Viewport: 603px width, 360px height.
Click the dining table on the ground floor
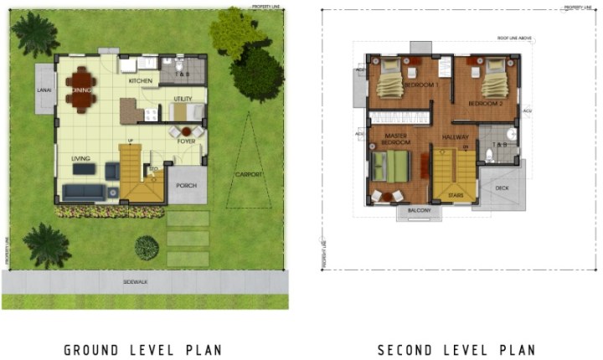tap(81, 89)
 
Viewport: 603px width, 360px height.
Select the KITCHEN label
tap(139, 81)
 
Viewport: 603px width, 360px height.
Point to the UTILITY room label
tap(183, 99)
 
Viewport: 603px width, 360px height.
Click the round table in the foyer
tap(186, 131)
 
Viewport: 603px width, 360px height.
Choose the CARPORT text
tap(249, 174)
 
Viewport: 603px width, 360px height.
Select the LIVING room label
tap(80, 157)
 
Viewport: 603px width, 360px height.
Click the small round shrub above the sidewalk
tap(147, 247)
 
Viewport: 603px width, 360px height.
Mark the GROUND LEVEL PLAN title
tap(142, 350)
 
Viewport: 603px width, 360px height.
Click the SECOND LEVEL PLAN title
tap(456, 350)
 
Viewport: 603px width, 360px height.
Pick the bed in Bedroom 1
tap(392, 80)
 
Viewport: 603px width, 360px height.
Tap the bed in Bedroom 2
tap(493, 80)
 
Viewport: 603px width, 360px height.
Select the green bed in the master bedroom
tap(390, 165)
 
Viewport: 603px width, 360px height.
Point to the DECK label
tap(502, 188)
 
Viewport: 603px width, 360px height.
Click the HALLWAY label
tap(456, 136)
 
